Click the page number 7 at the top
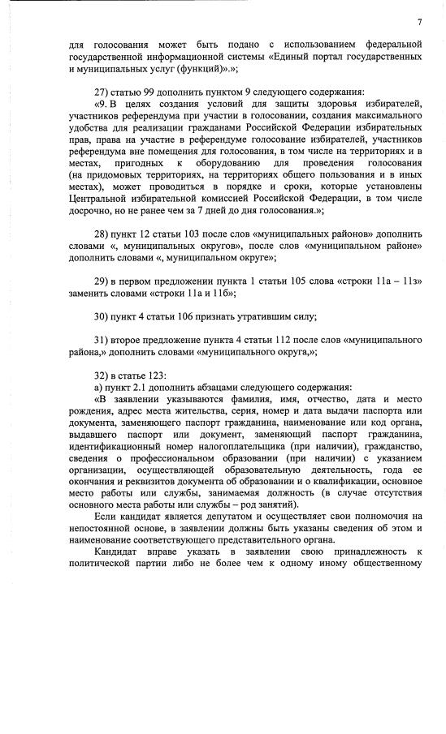pos(419,21)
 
